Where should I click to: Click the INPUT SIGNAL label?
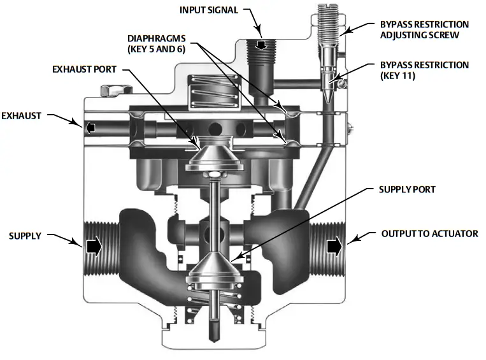[x=209, y=10]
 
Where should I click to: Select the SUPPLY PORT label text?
[x=407, y=190]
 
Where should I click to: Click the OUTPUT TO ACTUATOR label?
[x=429, y=234]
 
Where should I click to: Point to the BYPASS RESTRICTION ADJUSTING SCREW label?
[x=424, y=30]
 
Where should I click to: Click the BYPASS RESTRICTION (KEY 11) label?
[x=424, y=70]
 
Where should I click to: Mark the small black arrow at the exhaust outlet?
[x=90, y=128]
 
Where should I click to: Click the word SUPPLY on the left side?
[x=25, y=236]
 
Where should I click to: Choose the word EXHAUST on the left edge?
[x=22, y=116]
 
